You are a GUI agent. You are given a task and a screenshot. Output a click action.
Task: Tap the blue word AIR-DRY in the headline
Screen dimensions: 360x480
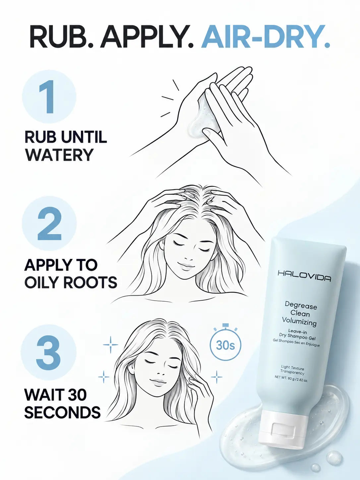[265, 36]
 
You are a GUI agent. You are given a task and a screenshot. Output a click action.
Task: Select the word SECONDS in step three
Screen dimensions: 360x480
[62, 412]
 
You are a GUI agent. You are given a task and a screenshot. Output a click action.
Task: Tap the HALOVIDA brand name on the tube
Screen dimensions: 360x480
[304, 276]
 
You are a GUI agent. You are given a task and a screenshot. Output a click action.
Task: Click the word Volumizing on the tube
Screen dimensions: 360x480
[299, 322]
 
